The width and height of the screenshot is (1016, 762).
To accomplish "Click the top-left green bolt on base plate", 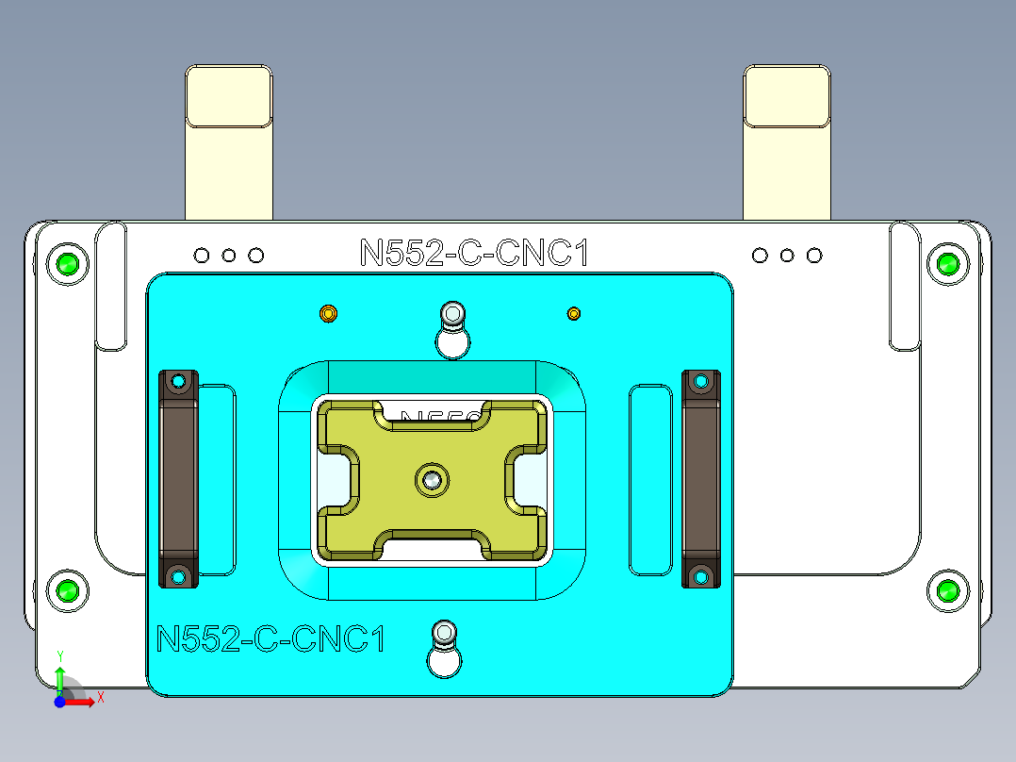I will click(x=68, y=264).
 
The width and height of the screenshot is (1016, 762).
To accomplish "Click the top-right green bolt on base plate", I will click(x=947, y=264).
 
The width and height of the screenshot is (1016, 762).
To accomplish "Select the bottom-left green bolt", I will click(x=68, y=591).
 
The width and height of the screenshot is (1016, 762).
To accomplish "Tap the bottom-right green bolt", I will click(x=947, y=591).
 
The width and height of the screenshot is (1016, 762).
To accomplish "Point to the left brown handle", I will click(x=178, y=479).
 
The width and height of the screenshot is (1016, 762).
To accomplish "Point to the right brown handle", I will click(x=700, y=479).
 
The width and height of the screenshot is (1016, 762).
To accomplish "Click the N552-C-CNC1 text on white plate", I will click(x=474, y=254).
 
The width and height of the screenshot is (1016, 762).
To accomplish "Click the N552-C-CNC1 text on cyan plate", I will click(x=271, y=639).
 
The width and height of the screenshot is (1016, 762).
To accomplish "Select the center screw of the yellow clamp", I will click(x=432, y=480).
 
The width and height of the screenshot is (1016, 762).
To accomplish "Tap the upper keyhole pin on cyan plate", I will click(x=453, y=313).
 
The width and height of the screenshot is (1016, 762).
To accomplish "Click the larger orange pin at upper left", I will click(x=328, y=313).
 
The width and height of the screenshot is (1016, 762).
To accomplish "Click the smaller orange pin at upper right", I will click(x=574, y=313).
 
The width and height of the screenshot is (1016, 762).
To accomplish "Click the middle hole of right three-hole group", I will click(x=787, y=256).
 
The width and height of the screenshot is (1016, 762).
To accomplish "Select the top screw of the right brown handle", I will click(x=700, y=381).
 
